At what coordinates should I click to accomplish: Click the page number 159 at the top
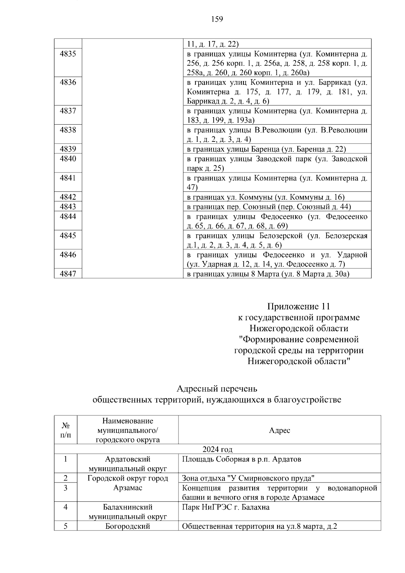(x=217, y=19)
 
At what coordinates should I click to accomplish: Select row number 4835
(x=68, y=54)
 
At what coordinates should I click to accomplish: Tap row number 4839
(x=68, y=149)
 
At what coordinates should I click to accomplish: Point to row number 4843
(x=68, y=207)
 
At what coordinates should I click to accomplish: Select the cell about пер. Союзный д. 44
(x=269, y=207)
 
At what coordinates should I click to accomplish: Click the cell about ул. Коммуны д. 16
(x=266, y=197)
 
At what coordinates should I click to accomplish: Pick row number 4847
(x=68, y=274)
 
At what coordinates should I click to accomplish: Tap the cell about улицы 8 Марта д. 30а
(x=268, y=274)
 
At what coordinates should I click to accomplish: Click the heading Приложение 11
(x=298, y=306)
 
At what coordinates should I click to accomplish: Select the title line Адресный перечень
(x=217, y=389)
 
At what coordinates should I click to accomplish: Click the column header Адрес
(x=279, y=430)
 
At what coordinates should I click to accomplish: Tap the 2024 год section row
(x=217, y=449)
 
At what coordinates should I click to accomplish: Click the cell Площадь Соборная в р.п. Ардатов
(x=242, y=459)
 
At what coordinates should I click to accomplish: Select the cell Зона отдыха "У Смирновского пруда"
(x=248, y=478)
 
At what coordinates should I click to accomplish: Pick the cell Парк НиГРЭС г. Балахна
(x=226, y=507)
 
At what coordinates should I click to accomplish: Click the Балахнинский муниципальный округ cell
(x=128, y=512)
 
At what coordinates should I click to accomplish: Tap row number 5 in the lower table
(x=65, y=526)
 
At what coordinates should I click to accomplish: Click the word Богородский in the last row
(x=128, y=526)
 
